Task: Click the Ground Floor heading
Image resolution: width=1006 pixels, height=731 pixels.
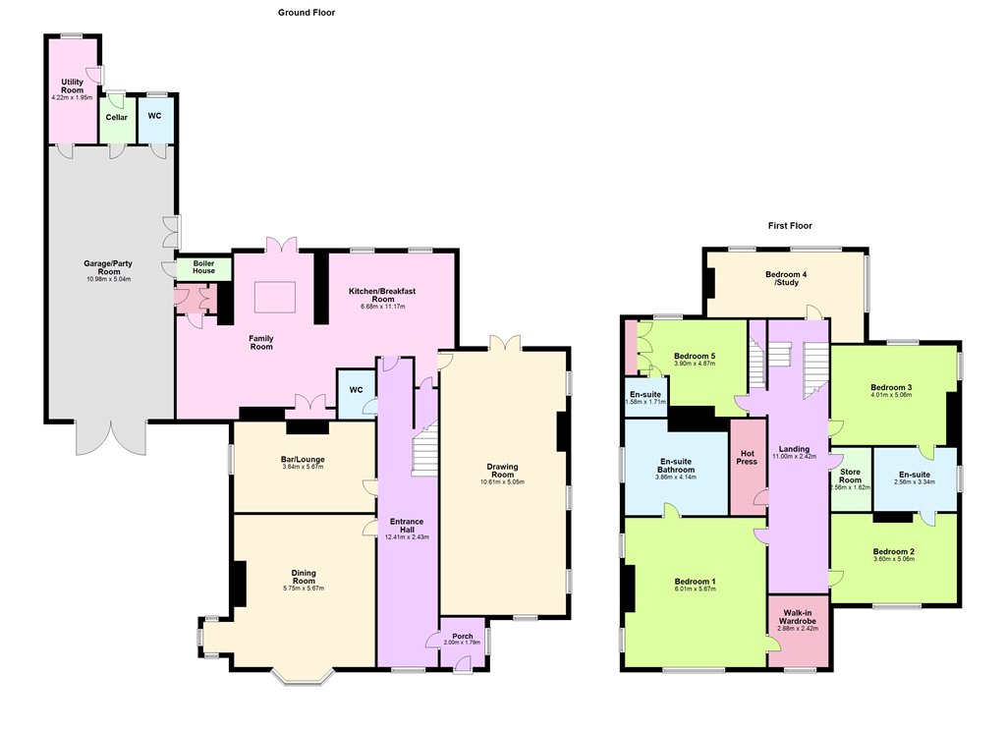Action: coord(307,12)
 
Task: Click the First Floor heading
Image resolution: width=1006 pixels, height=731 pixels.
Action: coord(790,225)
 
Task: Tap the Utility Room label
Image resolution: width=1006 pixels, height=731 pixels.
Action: coord(72,86)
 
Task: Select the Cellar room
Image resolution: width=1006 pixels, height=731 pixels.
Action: coord(117,120)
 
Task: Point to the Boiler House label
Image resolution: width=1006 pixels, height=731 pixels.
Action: coord(204,267)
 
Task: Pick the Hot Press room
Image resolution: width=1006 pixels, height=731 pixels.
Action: coord(748,467)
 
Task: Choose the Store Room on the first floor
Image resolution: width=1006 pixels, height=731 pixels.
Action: coord(851,479)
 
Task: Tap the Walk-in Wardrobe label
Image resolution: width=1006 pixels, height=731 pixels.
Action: coord(798,617)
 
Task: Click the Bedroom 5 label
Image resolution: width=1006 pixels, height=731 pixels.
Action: coord(695,357)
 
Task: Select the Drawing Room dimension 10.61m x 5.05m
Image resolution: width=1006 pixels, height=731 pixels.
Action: coord(502,482)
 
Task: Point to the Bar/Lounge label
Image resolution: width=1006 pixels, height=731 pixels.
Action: coord(303,460)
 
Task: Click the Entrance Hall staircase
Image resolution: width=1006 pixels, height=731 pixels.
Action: coord(424,448)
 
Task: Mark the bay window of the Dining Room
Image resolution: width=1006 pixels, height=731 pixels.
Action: coord(303,676)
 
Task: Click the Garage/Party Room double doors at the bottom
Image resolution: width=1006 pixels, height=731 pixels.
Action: coord(111,437)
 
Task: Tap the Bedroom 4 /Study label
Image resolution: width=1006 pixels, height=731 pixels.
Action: coord(786,278)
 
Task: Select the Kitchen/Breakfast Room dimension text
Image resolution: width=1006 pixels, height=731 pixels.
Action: coord(383,307)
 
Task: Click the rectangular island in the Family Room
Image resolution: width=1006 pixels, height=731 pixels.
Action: coord(275,297)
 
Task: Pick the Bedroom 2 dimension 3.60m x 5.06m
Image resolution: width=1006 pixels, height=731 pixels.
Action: coord(894,559)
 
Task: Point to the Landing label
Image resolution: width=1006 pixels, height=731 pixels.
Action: coord(794,449)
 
